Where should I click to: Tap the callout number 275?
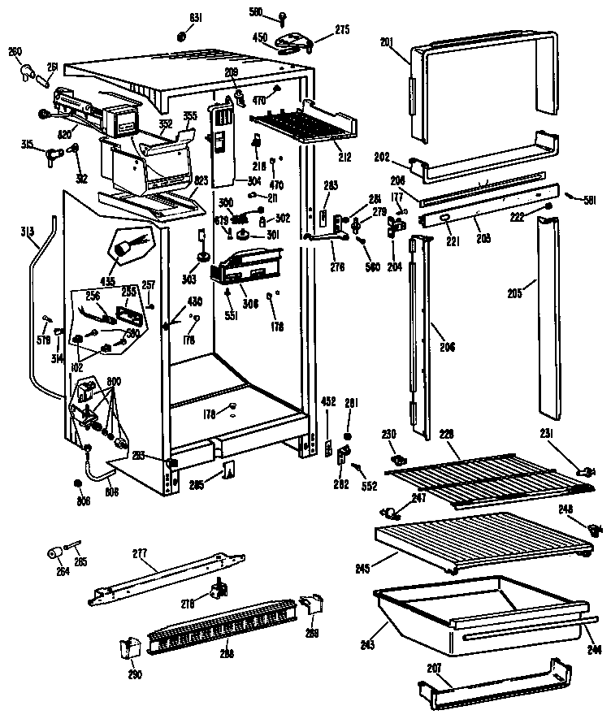342,30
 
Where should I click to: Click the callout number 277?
140,553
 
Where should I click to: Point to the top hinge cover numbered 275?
292,40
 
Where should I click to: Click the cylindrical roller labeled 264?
54,555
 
